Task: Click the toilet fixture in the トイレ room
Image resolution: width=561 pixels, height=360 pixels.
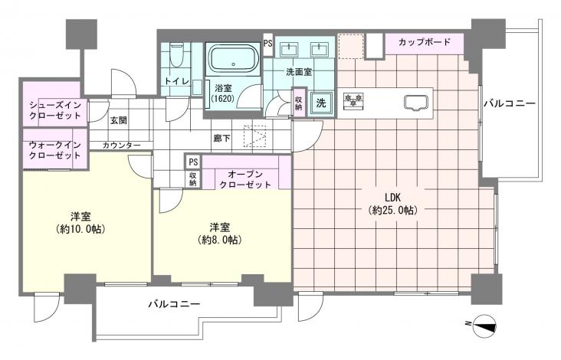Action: [x=176, y=55]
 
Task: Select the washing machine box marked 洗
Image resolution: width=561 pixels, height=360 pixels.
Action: [x=321, y=103]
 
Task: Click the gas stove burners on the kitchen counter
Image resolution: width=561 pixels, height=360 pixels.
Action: [x=353, y=100]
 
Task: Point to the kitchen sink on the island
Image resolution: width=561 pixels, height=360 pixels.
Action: [x=416, y=103]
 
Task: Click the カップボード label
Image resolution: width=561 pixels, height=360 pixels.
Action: [x=425, y=42]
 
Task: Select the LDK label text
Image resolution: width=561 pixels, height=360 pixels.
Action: [x=392, y=197]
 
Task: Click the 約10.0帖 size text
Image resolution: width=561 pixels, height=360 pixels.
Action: [x=80, y=229]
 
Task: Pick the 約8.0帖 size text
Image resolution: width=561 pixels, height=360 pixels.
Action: [x=219, y=240]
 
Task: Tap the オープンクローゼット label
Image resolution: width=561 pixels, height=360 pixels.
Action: [x=245, y=179]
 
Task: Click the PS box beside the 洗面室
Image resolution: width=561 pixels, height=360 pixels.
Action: [x=267, y=43]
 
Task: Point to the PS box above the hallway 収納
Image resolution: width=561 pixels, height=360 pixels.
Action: [x=193, y=162]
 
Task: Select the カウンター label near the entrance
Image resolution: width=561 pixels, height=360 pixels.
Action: [x=122, y=145]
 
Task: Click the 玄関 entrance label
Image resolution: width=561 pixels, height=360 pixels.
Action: [x=119, y=120]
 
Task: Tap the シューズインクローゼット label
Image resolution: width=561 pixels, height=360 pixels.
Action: [x=55, y=110]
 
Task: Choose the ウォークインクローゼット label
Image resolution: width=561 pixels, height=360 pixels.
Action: [x=55, y=150]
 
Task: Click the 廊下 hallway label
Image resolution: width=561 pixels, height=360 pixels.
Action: [x=221, y=138]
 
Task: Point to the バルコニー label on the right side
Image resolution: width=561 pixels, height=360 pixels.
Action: [x=510, y=103]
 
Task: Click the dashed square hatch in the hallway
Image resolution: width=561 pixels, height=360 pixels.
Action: [x=255, y=136]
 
